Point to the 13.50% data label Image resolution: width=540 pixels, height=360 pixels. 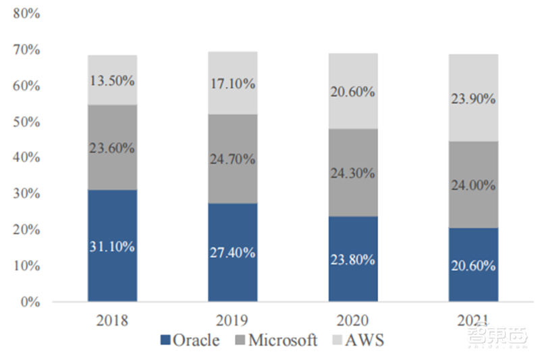pos(112,80)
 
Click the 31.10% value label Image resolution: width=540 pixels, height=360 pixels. pos(112,247)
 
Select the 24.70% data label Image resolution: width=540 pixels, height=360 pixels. pos(233,159)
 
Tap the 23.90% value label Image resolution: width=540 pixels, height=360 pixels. pos(473,99)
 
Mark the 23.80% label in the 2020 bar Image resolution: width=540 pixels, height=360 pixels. pos(353,259)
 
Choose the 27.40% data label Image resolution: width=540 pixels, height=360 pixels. pos(233,253)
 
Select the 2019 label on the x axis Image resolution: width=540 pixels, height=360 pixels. pos(233,319)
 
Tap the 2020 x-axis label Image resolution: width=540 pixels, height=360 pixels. pos(353,319)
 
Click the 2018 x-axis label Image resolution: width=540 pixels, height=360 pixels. pos(112,319)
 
